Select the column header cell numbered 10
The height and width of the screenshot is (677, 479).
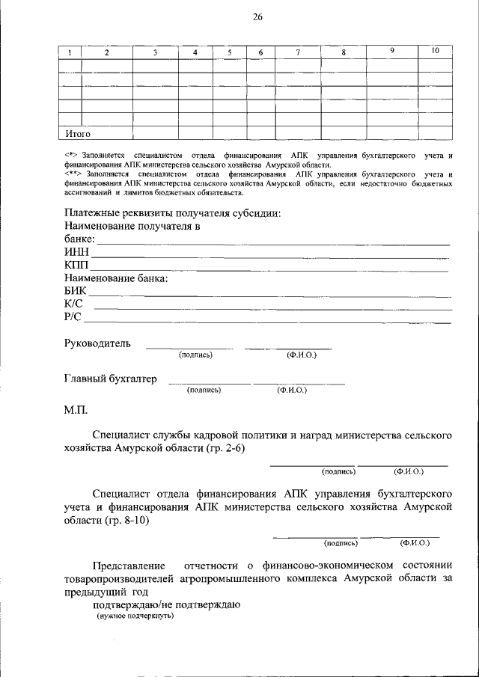(436, 51)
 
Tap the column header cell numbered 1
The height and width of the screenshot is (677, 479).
(70, 52)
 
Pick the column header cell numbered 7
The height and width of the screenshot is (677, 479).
(298, 52)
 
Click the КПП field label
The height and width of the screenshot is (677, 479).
(76, 266)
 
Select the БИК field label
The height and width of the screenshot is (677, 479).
(76, 291)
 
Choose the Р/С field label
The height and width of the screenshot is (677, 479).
(73, 318)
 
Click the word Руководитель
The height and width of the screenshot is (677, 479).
(97, 343)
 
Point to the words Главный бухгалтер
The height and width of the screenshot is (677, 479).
(111, 379)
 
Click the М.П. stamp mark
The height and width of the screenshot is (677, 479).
(76, 409)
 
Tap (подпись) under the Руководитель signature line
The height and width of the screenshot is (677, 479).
(196, 355)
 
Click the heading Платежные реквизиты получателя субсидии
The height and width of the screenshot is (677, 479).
(173, 213)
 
